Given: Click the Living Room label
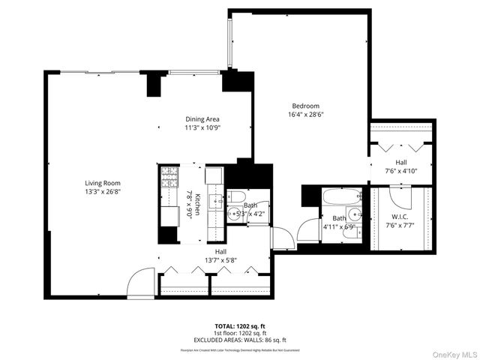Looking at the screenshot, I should [103, 183].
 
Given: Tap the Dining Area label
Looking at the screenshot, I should [202, 118].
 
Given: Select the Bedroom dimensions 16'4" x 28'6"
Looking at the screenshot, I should [305, 115].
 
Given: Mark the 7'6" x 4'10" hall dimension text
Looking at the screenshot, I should [401, 170].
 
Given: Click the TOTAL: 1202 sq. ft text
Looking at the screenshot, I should [239, 326].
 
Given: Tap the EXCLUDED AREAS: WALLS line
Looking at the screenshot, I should [239, 340].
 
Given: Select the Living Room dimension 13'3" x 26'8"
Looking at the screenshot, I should [103, 191].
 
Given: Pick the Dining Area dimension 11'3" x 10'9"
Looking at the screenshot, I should [202, 127].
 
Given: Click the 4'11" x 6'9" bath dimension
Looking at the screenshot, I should [337, 226].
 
